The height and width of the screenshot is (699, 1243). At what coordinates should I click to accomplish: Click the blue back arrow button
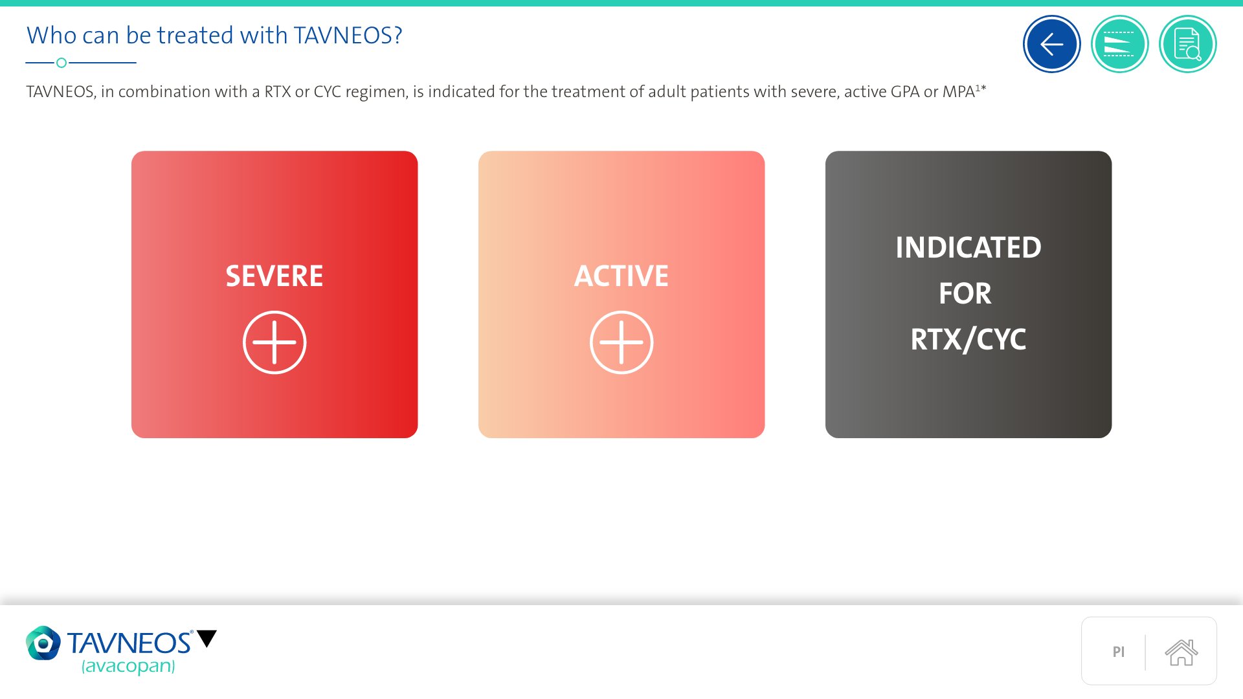[1051, 44]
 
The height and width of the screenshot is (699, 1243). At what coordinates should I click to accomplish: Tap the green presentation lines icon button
[1119, 44]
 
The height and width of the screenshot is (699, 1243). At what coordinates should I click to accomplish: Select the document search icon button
[1187, 44]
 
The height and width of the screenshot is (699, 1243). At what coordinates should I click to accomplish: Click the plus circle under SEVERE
[274, 342]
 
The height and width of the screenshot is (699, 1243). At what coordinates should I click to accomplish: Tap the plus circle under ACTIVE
[621, 342]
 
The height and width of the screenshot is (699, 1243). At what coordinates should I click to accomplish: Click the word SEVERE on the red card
[274, 276]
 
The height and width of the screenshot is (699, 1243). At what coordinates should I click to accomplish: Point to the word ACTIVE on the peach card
[621, 276]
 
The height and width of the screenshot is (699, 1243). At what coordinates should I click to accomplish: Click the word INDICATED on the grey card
[969, 247]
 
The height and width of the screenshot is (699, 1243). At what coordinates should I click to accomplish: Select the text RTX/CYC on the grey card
[969, 339]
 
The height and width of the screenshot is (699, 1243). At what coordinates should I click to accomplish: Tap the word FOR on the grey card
[965, 293]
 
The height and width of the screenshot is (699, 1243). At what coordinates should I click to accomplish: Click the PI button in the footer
[1119, 652]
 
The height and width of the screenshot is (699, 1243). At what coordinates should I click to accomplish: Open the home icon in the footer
[1181, 652]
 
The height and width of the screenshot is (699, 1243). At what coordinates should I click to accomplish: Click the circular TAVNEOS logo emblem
[43, 643]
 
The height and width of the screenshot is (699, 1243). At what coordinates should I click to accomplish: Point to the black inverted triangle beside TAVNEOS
[207, 638]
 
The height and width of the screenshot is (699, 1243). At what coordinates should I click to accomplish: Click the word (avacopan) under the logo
[128, 666]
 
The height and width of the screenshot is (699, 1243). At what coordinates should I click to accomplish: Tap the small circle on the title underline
[62, 63]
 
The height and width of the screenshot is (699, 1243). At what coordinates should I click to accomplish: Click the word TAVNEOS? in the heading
[348, 35]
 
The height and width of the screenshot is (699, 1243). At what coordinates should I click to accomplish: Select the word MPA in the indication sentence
[958, 91]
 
